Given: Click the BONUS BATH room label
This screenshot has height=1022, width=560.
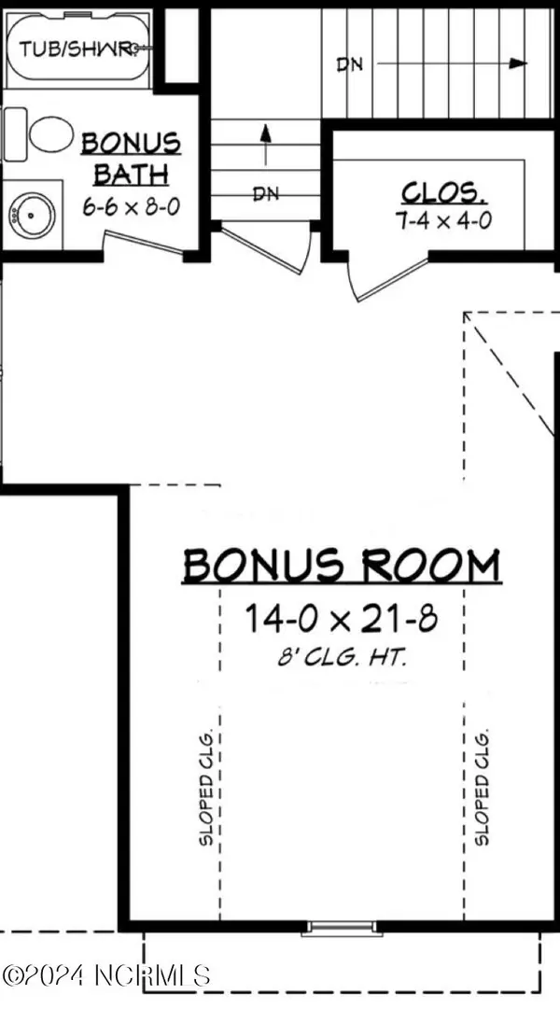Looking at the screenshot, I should tap(130, 158).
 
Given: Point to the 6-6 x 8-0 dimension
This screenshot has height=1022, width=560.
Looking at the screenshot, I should tap(131, 206).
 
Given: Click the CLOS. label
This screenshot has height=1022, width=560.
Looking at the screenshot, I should tap(444, 193).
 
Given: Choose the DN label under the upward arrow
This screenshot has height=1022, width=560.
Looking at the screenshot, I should tap(267, 194).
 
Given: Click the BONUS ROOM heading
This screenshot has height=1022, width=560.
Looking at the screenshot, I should tap(341, 566).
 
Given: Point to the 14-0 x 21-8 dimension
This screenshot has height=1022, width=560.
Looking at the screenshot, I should tap(340, 617).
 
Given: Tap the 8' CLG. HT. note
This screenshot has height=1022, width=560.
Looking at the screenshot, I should tap(340, 657).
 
